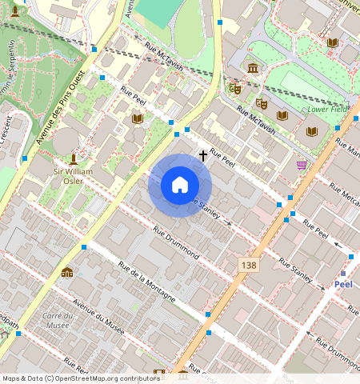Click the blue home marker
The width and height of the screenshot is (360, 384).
pos(180,185)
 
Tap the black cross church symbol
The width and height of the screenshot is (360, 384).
pos(203,155)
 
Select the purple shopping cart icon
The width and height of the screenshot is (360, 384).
pos(302,164)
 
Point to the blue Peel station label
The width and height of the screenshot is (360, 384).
pos(343,284)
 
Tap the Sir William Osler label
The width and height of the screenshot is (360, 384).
pos(74,176)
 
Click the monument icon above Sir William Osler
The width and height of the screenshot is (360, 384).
pos(74,159)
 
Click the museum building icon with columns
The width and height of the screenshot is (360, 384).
pos(253,68)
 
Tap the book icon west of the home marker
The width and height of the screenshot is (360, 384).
pos(137,118)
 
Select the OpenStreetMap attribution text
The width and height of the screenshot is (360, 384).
pos(81,378)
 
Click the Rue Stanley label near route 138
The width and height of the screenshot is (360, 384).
pos(295,267)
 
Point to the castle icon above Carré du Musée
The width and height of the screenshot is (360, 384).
pos(66,273)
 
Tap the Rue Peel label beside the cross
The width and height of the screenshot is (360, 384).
pos(222,162)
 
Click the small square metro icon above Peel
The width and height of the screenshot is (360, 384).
pos(343,273)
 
